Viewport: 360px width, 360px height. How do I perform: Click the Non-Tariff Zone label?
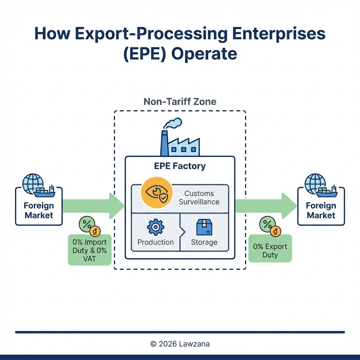(180, 102)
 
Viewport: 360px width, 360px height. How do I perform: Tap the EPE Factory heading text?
(180, 166)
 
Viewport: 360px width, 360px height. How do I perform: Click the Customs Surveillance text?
(199, 198)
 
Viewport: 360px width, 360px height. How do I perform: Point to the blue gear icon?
(155, 227)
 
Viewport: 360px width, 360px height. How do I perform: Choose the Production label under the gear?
(155, 242)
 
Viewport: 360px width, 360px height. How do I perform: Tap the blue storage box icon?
(204, 227)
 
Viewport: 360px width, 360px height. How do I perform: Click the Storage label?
(204, 242)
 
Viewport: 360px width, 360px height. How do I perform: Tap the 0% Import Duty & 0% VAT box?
(89, 250)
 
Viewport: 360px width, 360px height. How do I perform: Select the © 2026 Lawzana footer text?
(180, 344)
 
